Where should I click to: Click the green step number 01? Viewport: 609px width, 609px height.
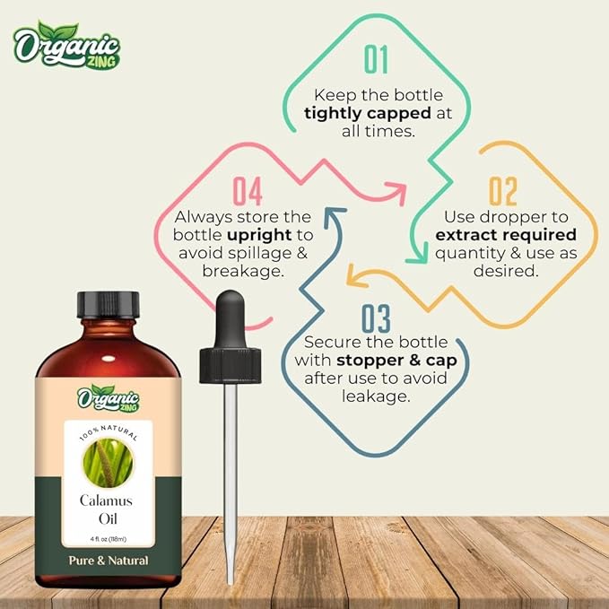[377, 60]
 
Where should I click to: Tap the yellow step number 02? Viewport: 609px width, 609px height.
[503, 192]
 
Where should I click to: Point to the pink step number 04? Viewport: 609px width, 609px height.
[247, 191]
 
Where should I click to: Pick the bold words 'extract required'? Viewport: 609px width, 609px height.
[505, 234]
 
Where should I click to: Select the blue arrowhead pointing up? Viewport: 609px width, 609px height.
[335, 212]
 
